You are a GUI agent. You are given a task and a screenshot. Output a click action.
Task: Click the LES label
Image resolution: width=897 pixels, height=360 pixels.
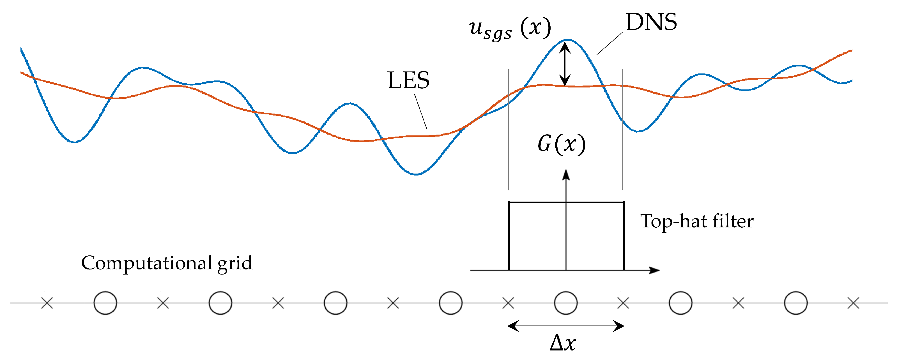click(x=408, y=80)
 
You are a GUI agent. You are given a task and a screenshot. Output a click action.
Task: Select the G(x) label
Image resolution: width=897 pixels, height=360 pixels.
click(x=561, y=144)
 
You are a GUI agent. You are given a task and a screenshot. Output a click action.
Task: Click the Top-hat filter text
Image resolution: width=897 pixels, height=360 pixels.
click(x=697, y=221)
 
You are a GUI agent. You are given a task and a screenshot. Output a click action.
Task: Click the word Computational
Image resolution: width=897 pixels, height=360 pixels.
click(x=146, y=263)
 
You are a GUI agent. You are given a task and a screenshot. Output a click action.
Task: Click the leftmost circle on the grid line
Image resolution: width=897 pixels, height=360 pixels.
click(x=105, y=303)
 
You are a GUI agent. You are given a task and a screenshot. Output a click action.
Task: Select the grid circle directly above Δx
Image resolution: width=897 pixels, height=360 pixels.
click(x=566, y=303)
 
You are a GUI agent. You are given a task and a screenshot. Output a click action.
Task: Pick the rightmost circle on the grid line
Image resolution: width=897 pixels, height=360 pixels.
click(x=796, y=303)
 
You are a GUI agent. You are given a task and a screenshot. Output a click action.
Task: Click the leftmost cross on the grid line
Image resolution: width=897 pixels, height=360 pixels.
click(x=47, y=303)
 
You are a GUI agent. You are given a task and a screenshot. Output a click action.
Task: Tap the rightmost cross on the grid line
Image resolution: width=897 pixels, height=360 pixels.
click(x=854, y=303)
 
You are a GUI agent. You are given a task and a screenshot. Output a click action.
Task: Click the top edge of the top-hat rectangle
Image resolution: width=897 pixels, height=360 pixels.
click(x=536, y=202)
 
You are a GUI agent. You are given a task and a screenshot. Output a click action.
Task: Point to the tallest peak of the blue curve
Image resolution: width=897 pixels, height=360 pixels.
click(x=568, y=40)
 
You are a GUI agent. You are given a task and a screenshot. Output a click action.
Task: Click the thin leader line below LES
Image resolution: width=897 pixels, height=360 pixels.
click(x=421, y=112)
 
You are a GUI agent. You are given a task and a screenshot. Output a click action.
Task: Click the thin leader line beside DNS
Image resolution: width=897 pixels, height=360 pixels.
click(x=610, y=43)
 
